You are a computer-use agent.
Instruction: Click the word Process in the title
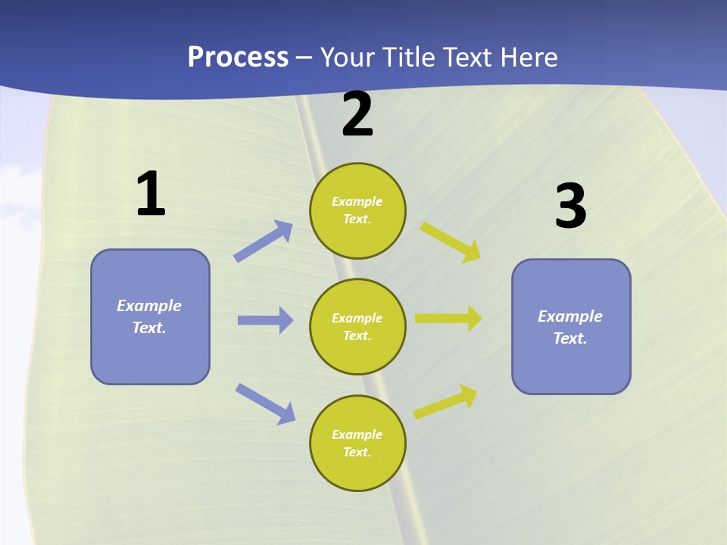pyautogui.click(x=238, y=58)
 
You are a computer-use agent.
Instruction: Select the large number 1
pyautogui.click(x=151, y=194)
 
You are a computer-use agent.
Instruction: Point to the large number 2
pyautogui.click(x=357, y=114)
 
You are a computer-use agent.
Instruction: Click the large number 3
pyautogui.click(x=570, y=206)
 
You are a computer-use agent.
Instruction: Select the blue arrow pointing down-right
pyautogui.click(x=265, y=403)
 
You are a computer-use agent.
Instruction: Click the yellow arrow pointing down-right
pyautogui.click(x=451, y=241)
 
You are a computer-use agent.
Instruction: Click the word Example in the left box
pyautogui.click(x=149, y=306)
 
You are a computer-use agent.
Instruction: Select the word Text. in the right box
pyautogui.click(x=570, y=338)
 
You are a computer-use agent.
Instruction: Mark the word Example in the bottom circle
pyautogui.click(x=357, y=434)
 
